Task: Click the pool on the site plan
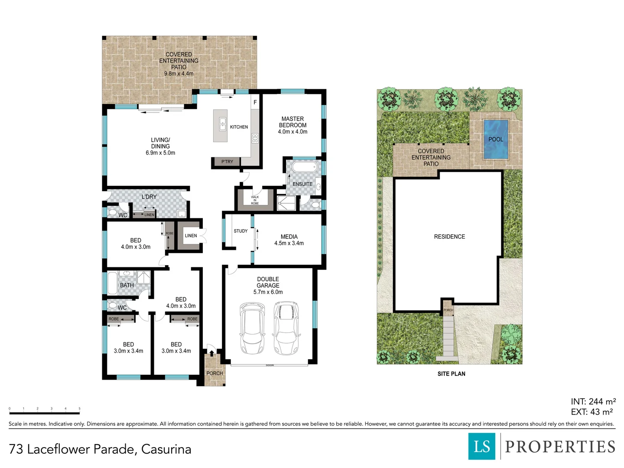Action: coord(495,139)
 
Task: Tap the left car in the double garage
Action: coord(252,328)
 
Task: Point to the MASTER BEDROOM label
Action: coord(292,122)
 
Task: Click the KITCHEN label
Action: coord(239,127)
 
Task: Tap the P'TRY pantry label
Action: coord(227,162)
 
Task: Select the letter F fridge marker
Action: coord(255,102)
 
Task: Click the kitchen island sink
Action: coord(222,124)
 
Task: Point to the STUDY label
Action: coord(240,231)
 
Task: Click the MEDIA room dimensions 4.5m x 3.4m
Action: coord(289,244)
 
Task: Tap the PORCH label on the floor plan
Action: coord(214,373)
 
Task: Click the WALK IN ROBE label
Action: coord(255,200)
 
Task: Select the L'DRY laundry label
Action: coord(149,197)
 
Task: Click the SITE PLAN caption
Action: coord(451,374)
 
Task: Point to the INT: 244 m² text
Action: coord(593,402)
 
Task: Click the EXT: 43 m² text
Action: coord(591,412)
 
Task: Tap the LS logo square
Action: coord(482,446)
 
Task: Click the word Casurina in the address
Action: coord(166,449)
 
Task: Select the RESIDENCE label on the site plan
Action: coord(449,237)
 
